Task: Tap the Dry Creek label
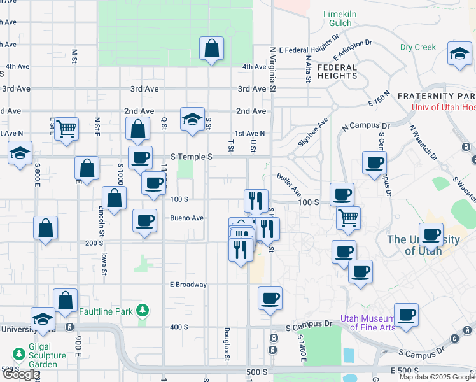coord(418,47)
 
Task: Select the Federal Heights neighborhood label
coord(337,71)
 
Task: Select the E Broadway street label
coord(188,285)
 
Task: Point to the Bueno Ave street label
coord(186,218)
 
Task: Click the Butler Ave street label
coord(288,183)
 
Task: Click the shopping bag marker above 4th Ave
coord(211,49)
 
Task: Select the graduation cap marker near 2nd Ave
coord(192,119)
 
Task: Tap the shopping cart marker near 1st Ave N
coord(66,129)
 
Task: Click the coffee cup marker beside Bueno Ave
coord(144,221)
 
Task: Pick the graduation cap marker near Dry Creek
coord(459,54)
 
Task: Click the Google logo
coord(20,374)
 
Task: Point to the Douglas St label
coord(227,343)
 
